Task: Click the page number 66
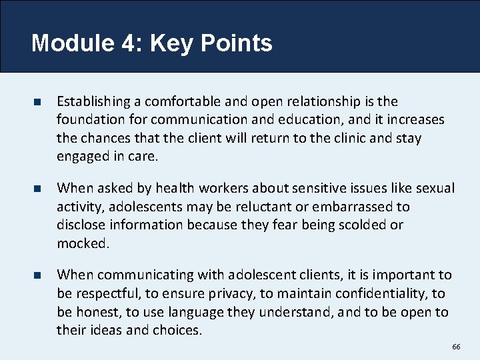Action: [456, 347]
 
